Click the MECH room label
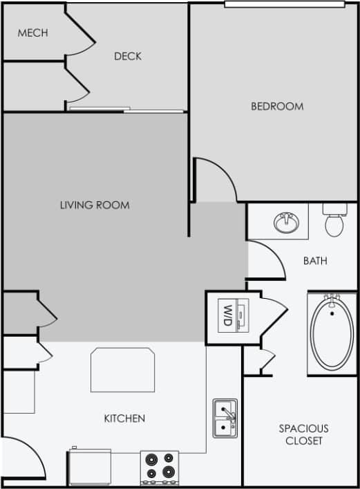tap(32, 33)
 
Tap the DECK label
tap(128, 56)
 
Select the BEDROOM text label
tap(277, 106)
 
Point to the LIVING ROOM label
tap(95, 205)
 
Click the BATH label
tap(315, 261)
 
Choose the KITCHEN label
tap(124, 418)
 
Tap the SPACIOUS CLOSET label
tap(303, 434)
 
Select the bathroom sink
tap(285, 222)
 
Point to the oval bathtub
tap(332, 333)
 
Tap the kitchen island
tap(122, 370)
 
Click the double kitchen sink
tap(225, 418)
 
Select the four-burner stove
tap(160, 467)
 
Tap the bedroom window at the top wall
tap(284, 4)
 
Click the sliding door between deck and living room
tap(126, 109)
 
